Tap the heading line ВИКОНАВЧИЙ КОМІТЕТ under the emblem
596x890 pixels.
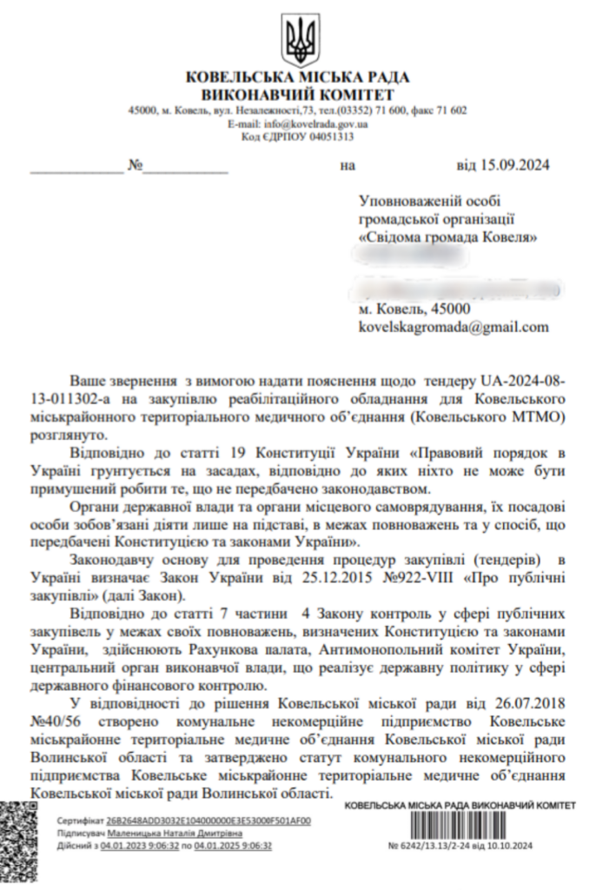[x=298, y=95]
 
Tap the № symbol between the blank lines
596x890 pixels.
[x=135, y=164]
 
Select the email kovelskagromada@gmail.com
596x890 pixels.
[x=454, y=327]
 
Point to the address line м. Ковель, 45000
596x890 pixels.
[x=414, y=309]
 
